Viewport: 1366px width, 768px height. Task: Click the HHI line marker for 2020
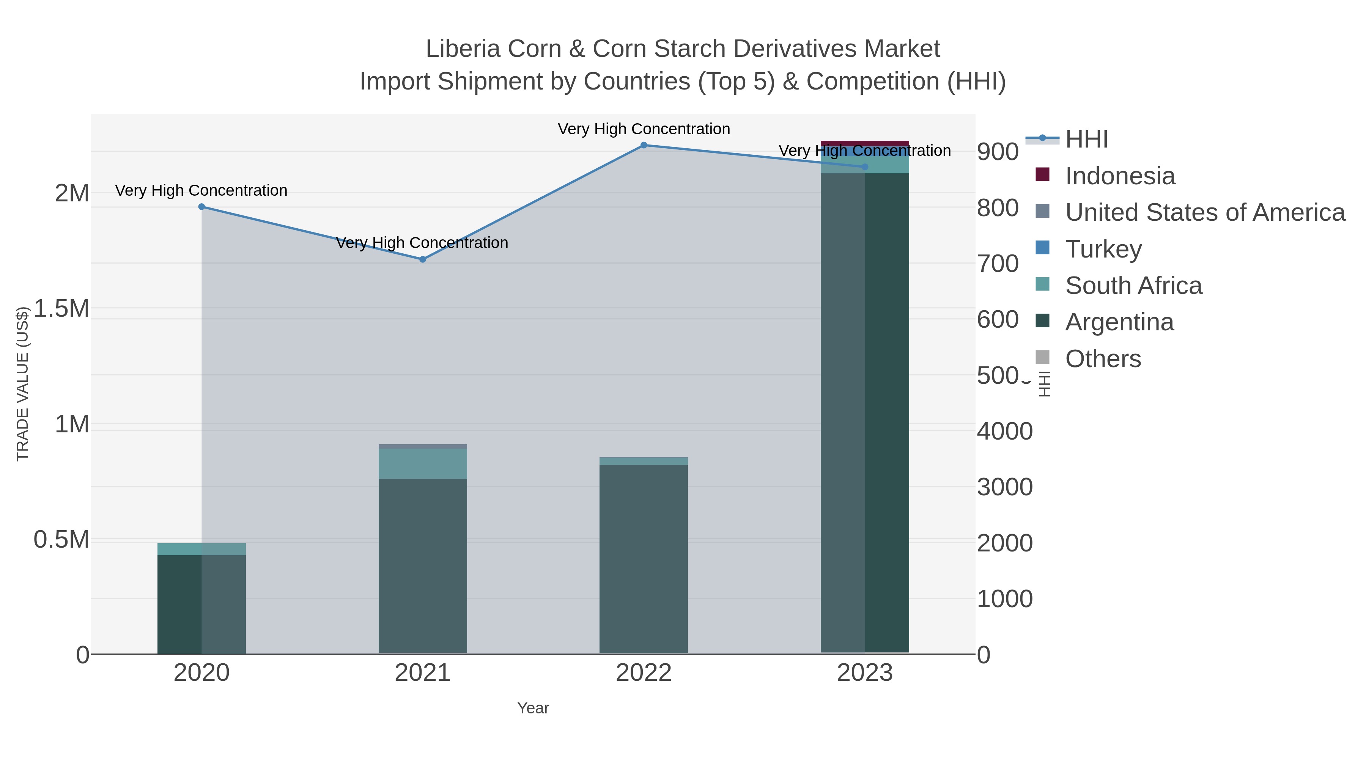click(x=201, y=207)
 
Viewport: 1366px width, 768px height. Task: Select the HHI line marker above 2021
click(x=423, y=259)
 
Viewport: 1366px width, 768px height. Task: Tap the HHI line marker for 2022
click(x=644, y=145)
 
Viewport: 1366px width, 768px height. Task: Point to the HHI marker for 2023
click(x=865, y=167)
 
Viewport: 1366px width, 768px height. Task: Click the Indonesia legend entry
click(x=1119, y=176)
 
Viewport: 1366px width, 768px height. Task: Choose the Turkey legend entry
click(x=1103, y=249)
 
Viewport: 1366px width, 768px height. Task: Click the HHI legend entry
click(x=1086, y=140)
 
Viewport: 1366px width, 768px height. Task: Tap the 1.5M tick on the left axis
click(x=61, y=308)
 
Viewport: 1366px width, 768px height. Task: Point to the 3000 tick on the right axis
click(x=1004, y=487)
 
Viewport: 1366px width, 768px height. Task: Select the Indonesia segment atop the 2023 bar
click(x=865, y=143)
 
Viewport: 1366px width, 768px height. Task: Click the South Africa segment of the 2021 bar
click(x=423, y=464)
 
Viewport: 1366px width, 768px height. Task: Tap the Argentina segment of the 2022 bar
click(x=644, y=556)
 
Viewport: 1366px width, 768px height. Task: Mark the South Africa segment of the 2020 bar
click(x=201, y=549)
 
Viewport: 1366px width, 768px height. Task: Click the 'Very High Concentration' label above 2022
click(x=644, y=129)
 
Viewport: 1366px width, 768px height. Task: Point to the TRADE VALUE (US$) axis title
click(x=22, y=384)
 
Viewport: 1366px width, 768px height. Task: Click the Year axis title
click(x=533, y=708)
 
